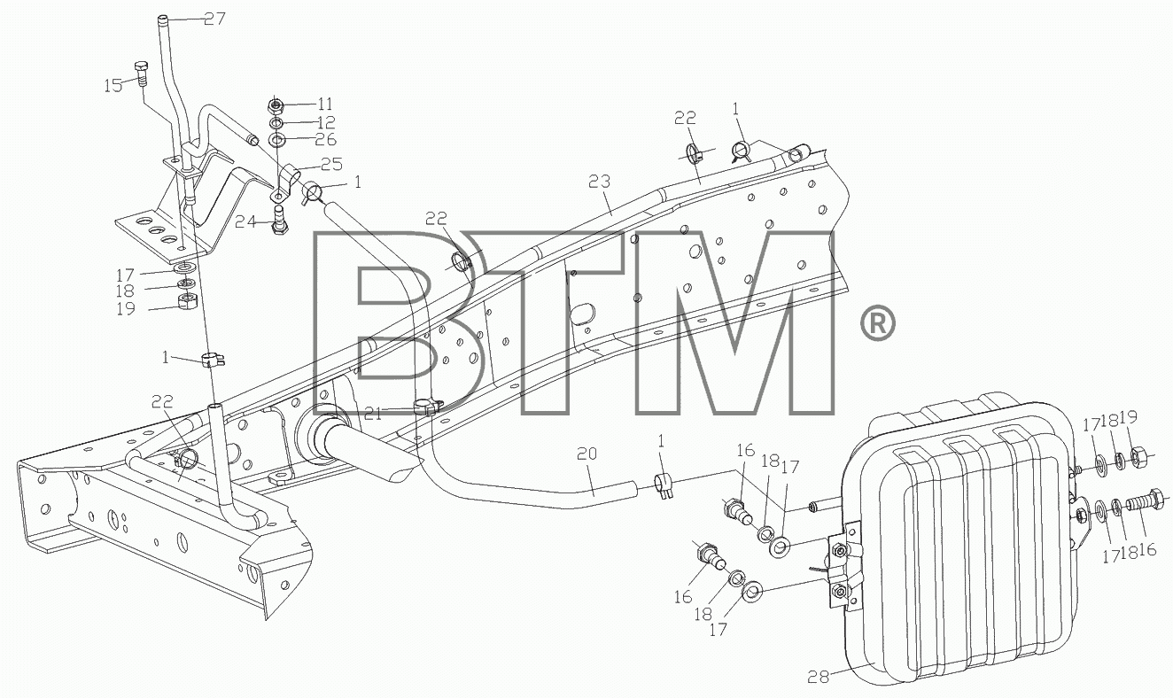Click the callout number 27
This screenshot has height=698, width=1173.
pos(214,19)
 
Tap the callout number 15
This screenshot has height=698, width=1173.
pos(113,85)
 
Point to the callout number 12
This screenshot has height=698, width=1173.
pos(326,122)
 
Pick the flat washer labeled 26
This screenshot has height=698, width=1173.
pos(276,140)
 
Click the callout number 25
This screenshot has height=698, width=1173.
pos(332,164)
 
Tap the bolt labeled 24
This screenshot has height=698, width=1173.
pos(278,222)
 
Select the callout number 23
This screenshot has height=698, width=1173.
pos(600,182)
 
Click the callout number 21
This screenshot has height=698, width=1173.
pos(373,415)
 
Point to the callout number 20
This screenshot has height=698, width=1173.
pos(586,454)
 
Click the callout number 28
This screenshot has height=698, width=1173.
pos(819,677)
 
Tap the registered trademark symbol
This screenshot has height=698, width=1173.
pos(878,323)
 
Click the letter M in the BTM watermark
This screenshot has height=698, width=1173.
pos(734,323)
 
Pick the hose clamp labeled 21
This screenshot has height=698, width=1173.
pos(427,407)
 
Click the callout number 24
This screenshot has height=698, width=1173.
pos(245,222)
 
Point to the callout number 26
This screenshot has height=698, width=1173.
pos(326,140)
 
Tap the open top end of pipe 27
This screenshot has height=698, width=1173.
pos(163,19)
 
